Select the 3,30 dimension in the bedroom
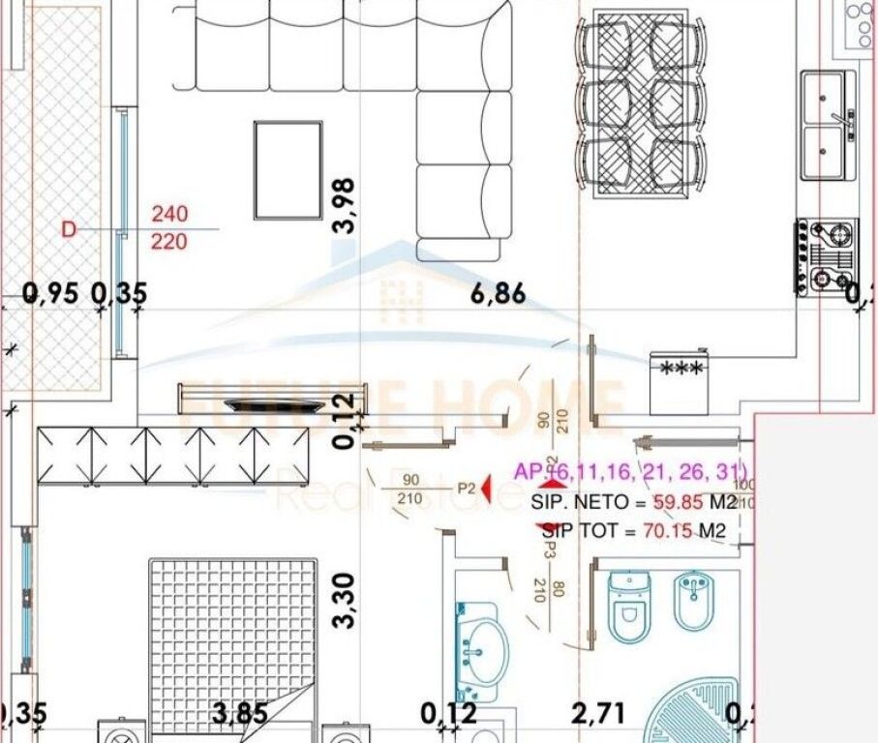[x=343, y=601]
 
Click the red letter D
[x=68, y=229]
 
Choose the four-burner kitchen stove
[x=821, y=256]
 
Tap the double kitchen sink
[x=829, y=125]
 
